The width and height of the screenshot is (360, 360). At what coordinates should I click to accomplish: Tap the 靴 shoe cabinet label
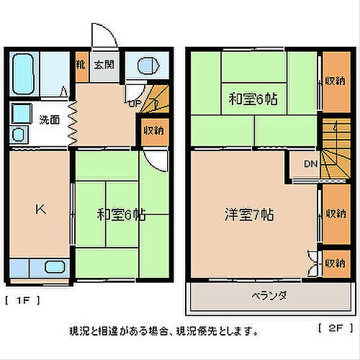coord(81,64)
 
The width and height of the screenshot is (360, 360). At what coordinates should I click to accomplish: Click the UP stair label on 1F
coord(135,103)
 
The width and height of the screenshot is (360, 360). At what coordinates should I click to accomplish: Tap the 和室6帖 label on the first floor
coord(121,214)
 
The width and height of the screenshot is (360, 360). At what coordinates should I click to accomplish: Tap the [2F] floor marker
coord(330,328)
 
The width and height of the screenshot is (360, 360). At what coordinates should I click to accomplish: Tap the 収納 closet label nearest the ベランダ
coord(333,264)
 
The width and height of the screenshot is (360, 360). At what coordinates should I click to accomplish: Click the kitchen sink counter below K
coord(40,267)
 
